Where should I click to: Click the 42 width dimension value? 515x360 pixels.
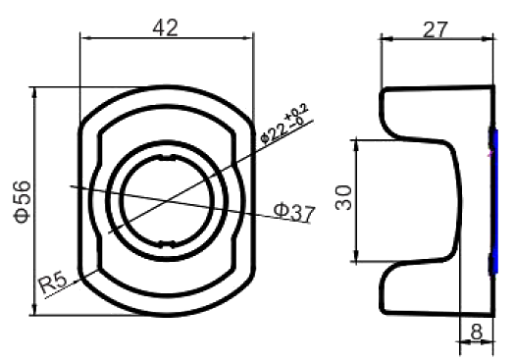(165, 26)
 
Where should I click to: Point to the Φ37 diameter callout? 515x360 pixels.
(293, 211)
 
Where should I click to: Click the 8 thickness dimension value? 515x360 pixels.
(476, 332)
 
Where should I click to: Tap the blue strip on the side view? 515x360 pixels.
(494, 201)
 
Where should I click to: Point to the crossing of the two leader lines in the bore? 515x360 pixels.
(166, 200)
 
